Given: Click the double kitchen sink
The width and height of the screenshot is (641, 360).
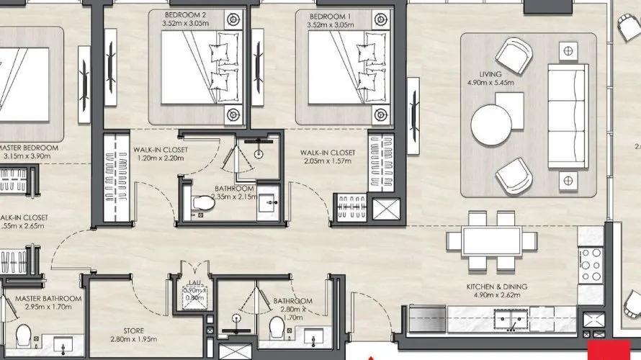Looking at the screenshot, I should pos(511,317).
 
